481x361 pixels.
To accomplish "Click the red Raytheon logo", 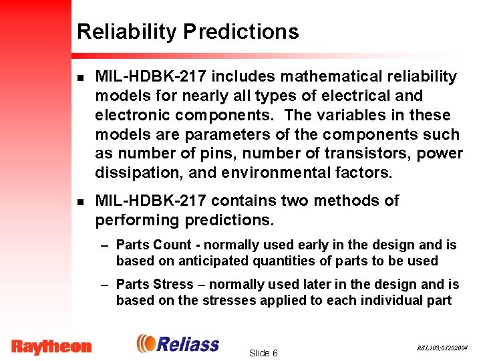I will click(51, 346).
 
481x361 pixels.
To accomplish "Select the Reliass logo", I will click(178, 344).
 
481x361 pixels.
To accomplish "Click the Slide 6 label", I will click(263, 352).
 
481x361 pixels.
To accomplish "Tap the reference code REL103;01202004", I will click(443, 348).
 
